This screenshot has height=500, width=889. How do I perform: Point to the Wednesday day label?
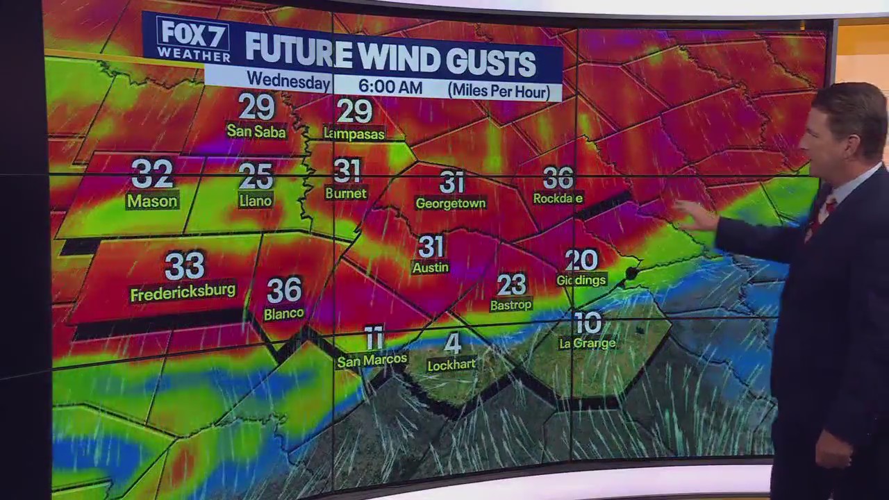click(288, 81)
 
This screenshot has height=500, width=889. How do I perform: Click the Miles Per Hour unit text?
click(499, 90)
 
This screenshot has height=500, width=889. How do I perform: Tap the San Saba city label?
click(256, 131)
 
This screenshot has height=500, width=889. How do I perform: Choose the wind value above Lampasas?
click(354, 110)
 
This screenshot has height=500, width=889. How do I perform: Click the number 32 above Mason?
click(152, 174)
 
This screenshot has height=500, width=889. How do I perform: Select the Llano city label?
click(256, 201)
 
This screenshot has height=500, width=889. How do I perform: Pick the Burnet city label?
click(345, 194)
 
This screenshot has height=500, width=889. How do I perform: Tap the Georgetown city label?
click(450, 203)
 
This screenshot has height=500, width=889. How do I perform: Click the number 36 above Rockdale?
click(558, 178)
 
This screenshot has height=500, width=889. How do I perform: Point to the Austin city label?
click(431, 267)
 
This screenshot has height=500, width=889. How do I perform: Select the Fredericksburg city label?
click(183, 292)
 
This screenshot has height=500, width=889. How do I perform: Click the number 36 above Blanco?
click(284, 290)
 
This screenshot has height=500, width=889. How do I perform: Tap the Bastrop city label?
click(510, 305)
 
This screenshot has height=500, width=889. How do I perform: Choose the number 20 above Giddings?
click(581, 260)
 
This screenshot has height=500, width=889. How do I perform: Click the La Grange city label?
click(587, 343)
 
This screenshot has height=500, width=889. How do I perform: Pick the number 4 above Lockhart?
click(452, 343)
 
